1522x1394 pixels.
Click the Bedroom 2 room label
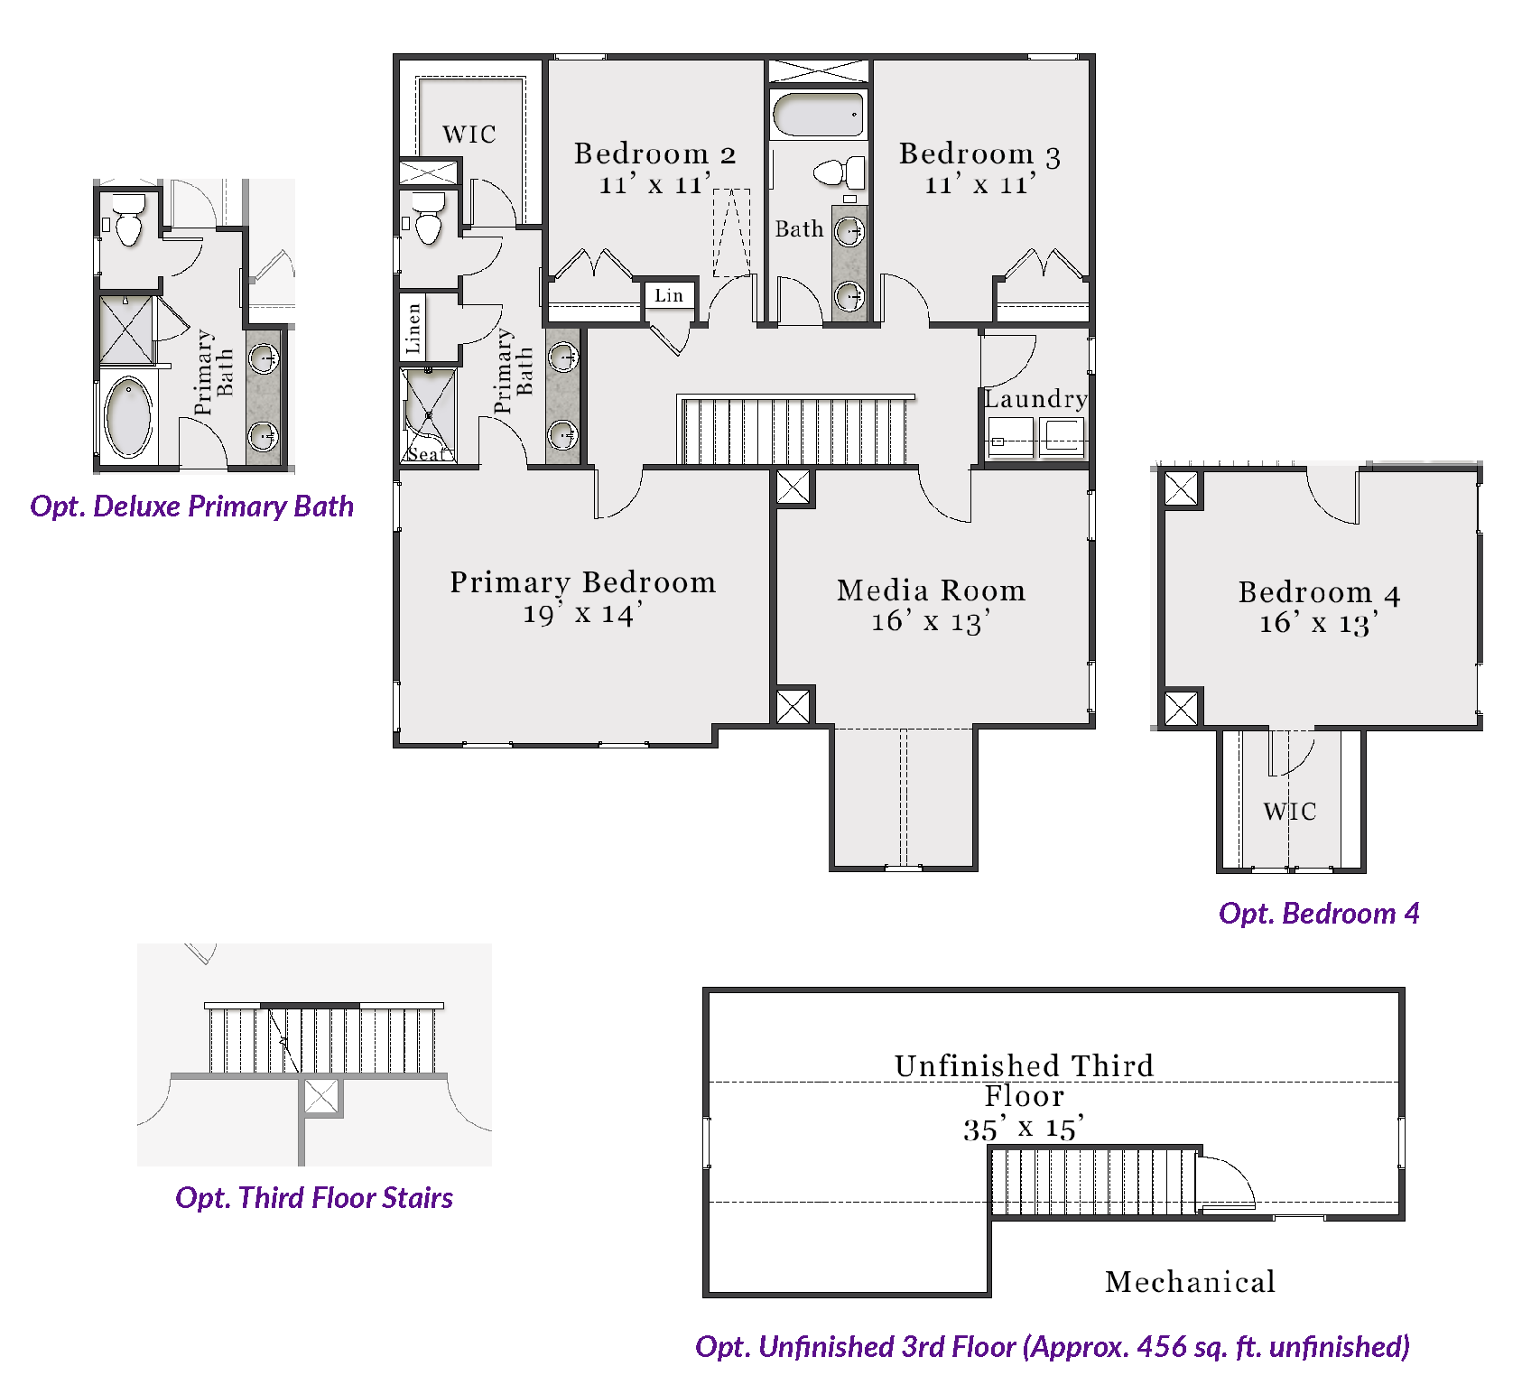click(x=655, y=153)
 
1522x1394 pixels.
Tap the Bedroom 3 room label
click(x=979, y=153)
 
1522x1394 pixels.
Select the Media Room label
click(x=931, y=590)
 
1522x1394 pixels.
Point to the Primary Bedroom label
click(x=583, y=582)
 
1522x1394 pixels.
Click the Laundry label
click(x=1035, y=399)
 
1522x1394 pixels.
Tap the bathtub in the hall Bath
click(x=818, y=115)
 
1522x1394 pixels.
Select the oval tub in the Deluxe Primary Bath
click(x=129, y=417)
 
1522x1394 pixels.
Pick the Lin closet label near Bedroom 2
click(x=669, y=295)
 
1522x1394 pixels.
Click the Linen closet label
click(x=413, y=327)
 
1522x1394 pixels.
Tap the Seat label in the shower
click(x=426, y=454)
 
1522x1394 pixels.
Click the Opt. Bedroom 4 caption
click(x=1319, y=914)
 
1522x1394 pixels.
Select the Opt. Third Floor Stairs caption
click(x=314, y=1198)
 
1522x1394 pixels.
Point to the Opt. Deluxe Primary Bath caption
click(x=191, y=506)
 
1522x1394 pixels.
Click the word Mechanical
click(x=1190, y=1282)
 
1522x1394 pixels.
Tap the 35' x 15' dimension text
click(x=1024, y=1129)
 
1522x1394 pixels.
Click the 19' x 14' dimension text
click(x=583, y=614)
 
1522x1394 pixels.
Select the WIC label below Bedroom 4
click(x=1289, y=812)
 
